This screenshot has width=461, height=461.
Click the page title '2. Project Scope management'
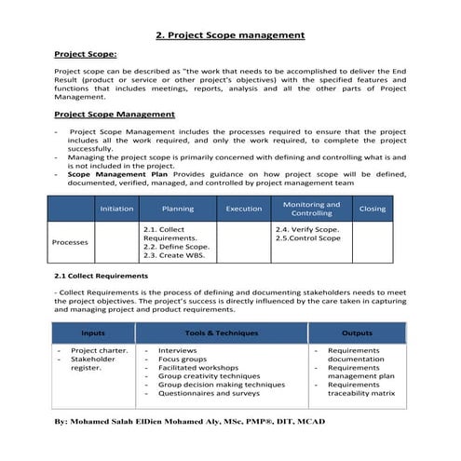[x=230, y=35]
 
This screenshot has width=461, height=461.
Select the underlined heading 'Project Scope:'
[x=85, y=55]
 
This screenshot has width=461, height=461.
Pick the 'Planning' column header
[x=177, y=209]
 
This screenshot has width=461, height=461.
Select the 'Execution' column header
[x=244, y=209]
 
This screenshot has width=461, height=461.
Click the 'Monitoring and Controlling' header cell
[x=311, y=209]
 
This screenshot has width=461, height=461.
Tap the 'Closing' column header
[x=373, y=209]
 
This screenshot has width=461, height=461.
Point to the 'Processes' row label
[x=70, y=242]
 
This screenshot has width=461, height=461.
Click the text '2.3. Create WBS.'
[x=174, y=256]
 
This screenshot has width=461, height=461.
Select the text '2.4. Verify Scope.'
[x=307, y=228]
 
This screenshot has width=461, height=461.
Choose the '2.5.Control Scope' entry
[x=308, y=238]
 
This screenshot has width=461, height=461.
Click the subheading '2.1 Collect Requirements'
[x=102, y=276]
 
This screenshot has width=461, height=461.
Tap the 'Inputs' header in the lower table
[x=93, y=332]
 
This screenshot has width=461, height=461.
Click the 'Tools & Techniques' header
[x=221, y=332]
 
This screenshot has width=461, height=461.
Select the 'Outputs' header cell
[x=357, y=332]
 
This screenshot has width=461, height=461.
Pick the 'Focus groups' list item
[x=184, y=359]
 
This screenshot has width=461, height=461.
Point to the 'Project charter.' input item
[x=96, y=350]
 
